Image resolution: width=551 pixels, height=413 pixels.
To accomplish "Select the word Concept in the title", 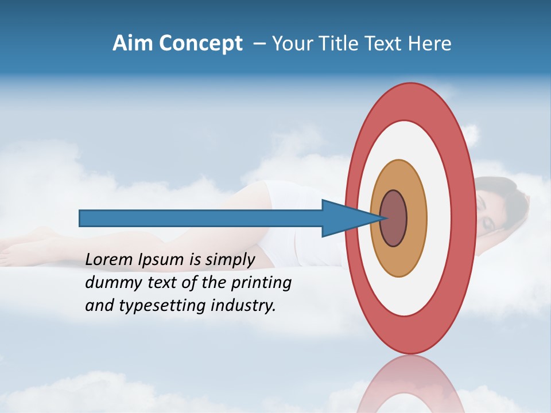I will pyautogui.click(x=200, y=44).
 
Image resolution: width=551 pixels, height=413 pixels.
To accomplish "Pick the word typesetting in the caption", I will pyautogui.click(x=157, y=306).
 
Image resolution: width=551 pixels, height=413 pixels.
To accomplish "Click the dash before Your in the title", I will pyautogui.click(x=259, y=44).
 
